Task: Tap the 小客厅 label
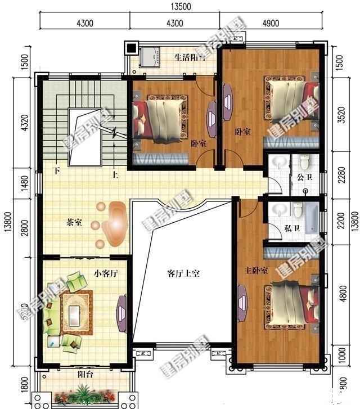coord(105,274)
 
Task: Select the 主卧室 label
coord(256,271)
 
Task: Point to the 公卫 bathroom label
coord(303,179)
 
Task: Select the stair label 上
coord(115,175)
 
